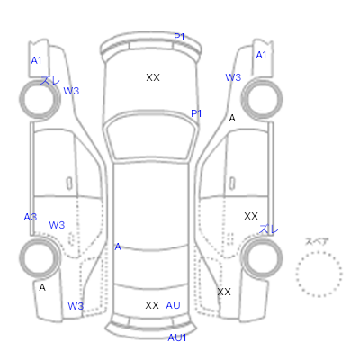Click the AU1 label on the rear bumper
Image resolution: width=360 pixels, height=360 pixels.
[x=177, y=337]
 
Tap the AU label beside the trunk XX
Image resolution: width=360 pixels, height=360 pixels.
[x=173, y=305]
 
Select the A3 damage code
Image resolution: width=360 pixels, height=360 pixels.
[x=31, y=217]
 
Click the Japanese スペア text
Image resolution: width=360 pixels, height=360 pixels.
[x=317, y=241]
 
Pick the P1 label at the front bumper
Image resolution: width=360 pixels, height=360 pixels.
[x=179, y=37]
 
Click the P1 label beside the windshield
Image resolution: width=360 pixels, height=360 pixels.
[x=196, y=113]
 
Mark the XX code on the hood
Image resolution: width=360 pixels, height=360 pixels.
[x=153, y=77]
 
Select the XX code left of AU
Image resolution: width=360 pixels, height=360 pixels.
[x=152, y=305]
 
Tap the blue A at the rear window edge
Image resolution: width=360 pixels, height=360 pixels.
[x=118, y=247]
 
